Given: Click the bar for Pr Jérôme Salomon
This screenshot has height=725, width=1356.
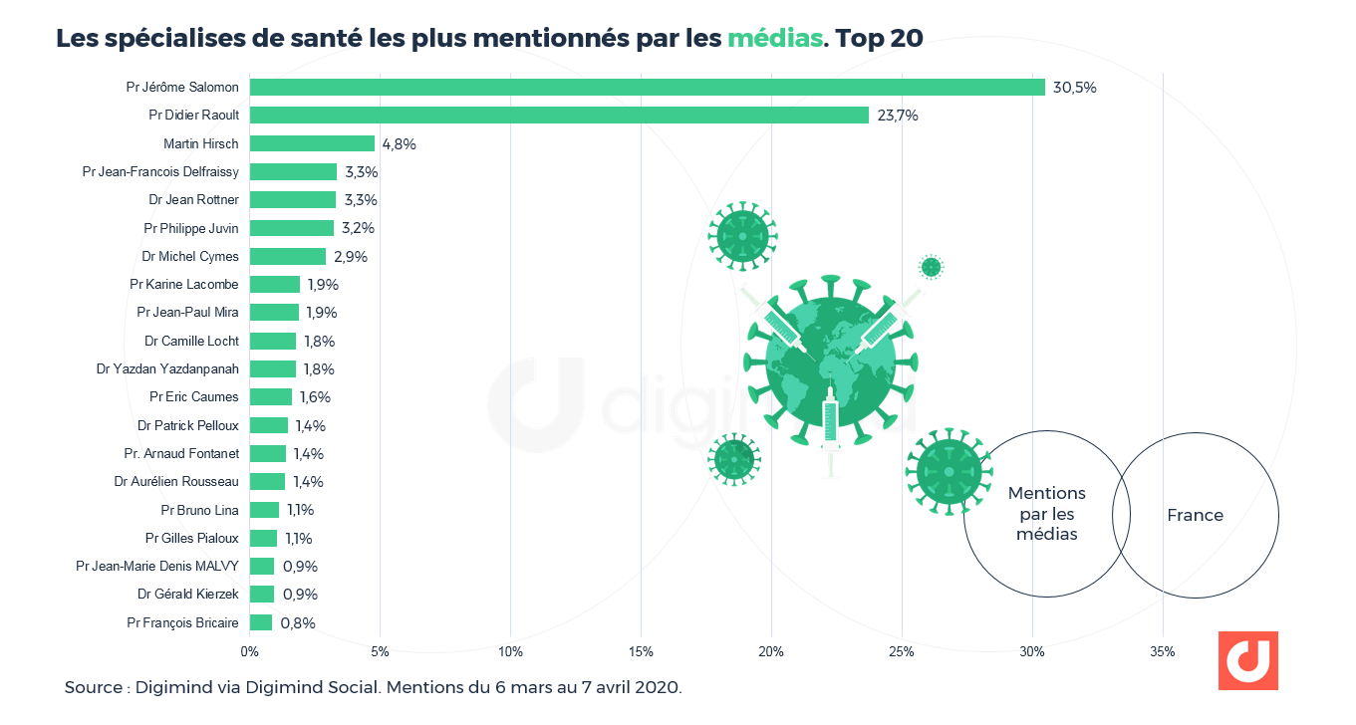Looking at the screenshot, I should [647, 88].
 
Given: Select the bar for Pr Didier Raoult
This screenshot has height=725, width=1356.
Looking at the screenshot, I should [559, 116].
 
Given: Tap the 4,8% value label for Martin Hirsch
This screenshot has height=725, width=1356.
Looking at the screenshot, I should [399, 143].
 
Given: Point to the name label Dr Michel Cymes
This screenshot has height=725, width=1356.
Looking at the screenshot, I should [190, 256].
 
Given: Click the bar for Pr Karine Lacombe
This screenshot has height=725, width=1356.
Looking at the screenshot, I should [275, 285].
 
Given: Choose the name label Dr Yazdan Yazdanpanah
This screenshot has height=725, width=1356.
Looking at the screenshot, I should [167, 368].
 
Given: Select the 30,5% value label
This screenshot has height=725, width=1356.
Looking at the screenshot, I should [1076, 88].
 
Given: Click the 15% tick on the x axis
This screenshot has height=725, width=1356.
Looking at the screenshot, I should [641, 652].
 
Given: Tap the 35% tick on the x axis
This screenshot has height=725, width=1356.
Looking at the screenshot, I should [1163, 652].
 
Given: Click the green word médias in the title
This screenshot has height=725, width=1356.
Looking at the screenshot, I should [775, 39].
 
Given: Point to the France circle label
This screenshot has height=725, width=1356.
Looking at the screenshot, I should [1195, 515].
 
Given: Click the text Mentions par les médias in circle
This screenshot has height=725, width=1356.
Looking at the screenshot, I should [1046, 514].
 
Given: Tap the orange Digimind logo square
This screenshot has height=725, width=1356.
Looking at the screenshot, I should [1247, 660].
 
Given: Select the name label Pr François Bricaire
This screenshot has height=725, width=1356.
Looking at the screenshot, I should [182, 622].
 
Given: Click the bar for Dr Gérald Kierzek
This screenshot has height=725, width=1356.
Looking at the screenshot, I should [262, 595].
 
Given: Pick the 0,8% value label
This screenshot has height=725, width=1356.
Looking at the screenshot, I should [298, 623].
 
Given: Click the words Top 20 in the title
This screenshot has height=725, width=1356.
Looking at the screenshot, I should [880, 39].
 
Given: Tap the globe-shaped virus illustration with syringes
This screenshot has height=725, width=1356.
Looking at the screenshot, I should [830, 363].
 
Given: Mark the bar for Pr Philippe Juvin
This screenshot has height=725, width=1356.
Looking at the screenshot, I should [292, 228].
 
